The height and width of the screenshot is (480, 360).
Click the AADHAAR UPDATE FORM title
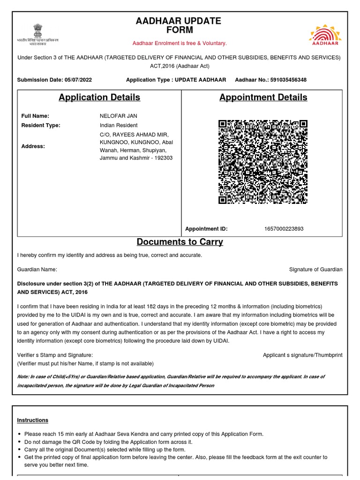178,26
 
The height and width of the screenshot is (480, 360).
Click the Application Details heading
99,97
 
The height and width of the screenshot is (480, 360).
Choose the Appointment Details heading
263,97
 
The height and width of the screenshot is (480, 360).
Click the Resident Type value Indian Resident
119,125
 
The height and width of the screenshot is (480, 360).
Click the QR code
263,162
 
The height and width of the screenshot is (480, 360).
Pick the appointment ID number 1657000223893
284,229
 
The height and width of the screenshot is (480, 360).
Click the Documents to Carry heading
180,242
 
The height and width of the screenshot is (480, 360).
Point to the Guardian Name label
37,270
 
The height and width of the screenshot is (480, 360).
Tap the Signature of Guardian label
315,270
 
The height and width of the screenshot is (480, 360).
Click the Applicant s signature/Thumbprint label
302,355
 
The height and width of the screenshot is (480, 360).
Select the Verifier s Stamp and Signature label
55,355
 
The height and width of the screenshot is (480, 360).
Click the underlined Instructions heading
33,420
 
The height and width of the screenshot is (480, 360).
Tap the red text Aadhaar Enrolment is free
180,43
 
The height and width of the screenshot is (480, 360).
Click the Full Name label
35,116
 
